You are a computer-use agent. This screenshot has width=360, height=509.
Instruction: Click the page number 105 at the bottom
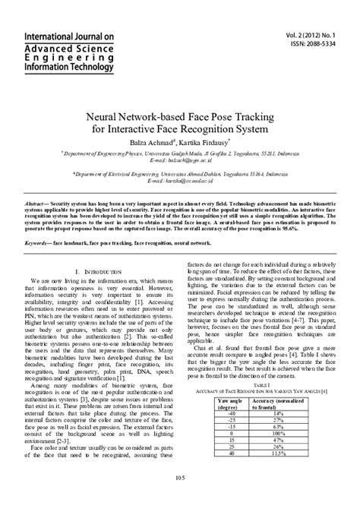tap(180, 498)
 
